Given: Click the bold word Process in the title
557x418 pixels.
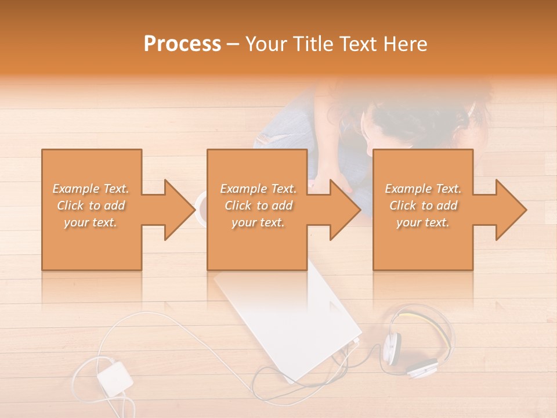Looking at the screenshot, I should click(182, 44).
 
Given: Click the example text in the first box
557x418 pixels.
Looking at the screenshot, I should click(91, 206).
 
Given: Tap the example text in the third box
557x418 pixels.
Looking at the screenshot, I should click(423, 206).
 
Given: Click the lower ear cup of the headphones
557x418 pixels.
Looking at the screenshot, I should click(421, 367).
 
